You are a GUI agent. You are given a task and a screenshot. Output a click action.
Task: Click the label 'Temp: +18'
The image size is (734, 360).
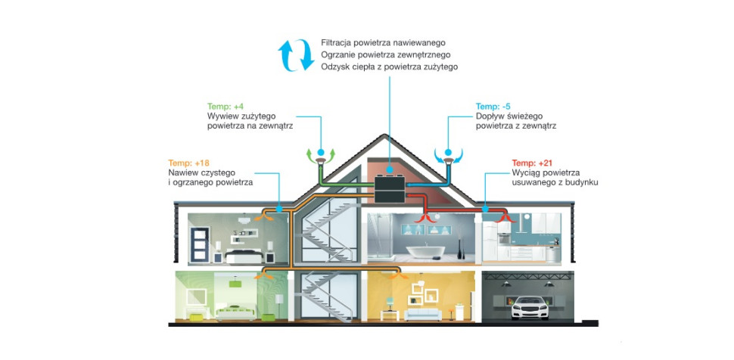[189, 163]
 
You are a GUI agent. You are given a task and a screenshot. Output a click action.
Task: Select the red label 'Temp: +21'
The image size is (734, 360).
[534, 163]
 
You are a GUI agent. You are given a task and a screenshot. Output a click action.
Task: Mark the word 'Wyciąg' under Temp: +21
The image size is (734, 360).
[528, 173]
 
